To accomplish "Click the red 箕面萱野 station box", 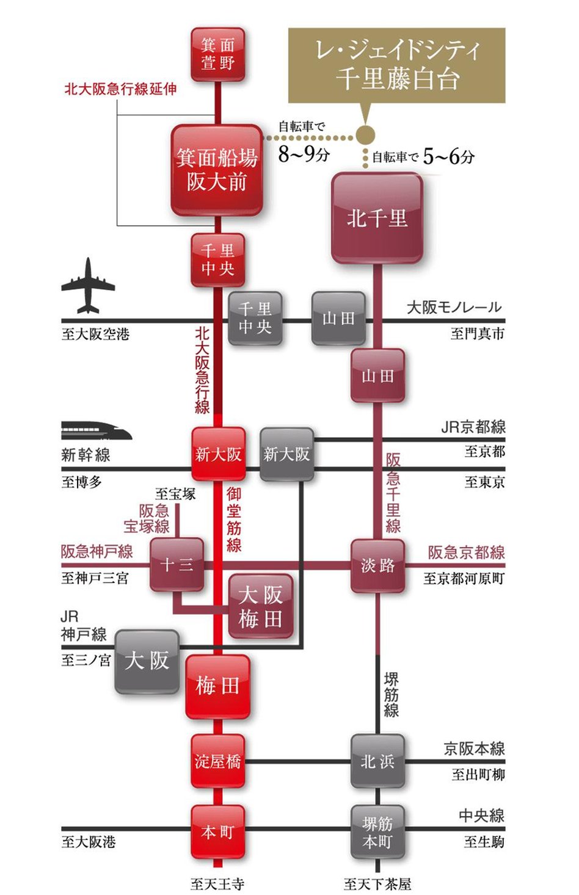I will point(217,54).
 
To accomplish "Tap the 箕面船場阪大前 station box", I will point(217,170).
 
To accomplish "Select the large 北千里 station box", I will point(377,218).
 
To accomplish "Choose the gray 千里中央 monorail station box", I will point(255,318).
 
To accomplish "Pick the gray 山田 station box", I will point(338,318).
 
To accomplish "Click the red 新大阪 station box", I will point(218,454).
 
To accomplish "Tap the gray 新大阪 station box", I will point(286,454).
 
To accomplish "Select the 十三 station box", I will point(177,565).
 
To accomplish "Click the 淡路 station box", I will point(377,565).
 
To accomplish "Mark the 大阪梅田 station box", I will point(260,607).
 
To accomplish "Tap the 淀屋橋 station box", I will point(217,761).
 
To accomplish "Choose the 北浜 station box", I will point(377,761).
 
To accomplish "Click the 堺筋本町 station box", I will point(377,832).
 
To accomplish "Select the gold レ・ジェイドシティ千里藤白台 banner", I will point(396,65).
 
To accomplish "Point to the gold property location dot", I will point(365,136).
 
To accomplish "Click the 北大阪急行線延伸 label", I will point(120,89).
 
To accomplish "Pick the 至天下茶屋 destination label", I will point(377,883).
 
